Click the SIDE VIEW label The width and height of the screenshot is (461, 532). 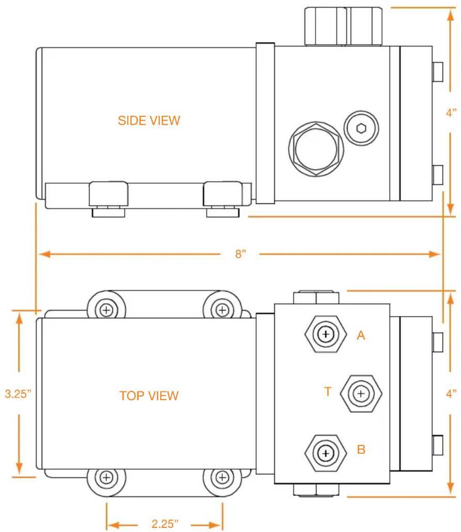point(149,121)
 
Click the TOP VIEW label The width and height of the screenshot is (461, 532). point(149,396)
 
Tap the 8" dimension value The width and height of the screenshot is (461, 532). point(241,254)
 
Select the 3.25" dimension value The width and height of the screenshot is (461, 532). point(18,394)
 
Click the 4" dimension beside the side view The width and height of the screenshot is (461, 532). point(451,112)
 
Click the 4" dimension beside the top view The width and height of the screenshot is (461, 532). point(451,393)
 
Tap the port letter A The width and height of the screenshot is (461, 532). point(361,335)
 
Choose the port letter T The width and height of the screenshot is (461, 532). point(328,391)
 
